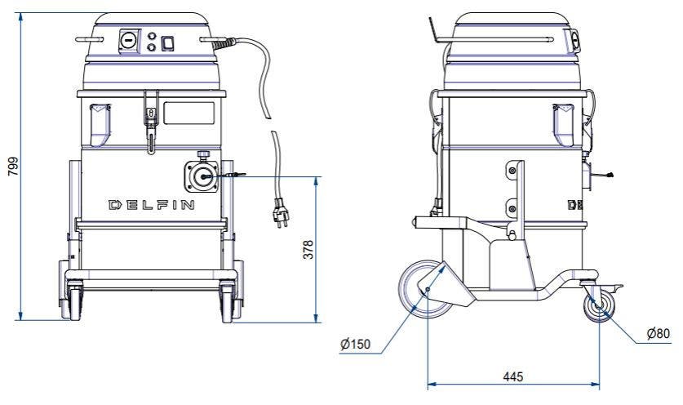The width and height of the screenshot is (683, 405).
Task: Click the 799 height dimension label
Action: (x=14, y=166)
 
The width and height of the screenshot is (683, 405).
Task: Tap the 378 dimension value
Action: (x=308, y=249)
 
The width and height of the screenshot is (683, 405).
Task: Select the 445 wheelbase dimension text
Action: (x=512, y=376)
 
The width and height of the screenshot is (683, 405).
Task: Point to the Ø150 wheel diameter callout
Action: (x=356, y=345)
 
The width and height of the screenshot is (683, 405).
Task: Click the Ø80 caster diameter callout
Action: (x=659, y=333)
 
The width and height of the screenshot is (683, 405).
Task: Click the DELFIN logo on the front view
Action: (x=151, y=205)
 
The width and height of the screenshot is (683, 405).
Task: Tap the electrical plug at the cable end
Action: (x=281, y=213)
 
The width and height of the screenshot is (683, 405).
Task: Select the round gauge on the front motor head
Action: (x=129, y=41)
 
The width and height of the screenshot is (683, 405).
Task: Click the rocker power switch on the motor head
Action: (x=168, y=43)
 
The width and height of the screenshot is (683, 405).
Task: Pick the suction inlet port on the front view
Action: (x=202, y=176)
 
